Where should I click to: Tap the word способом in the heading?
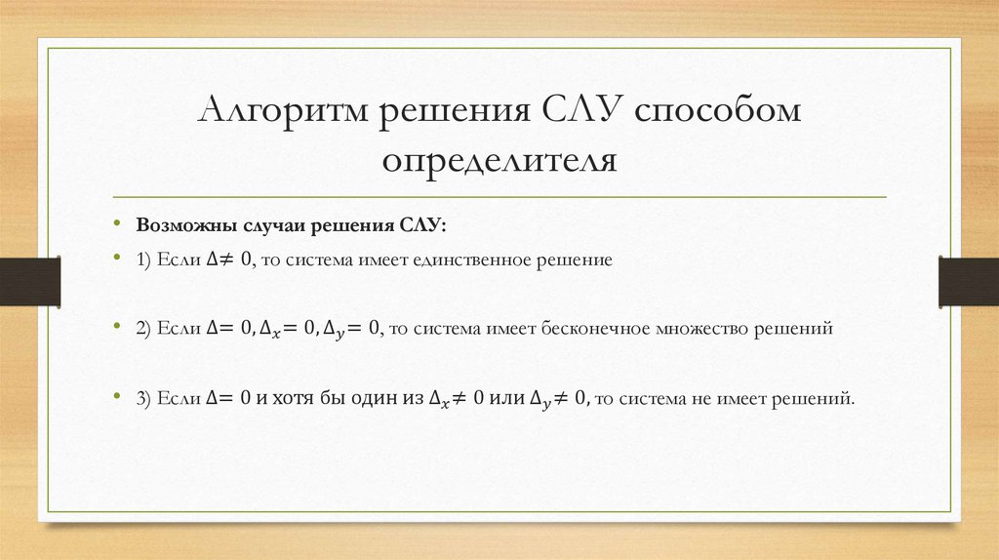pyautogui.click(x=717, y=110)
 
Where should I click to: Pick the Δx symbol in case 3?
pyautogui.click(x=439, y=399)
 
